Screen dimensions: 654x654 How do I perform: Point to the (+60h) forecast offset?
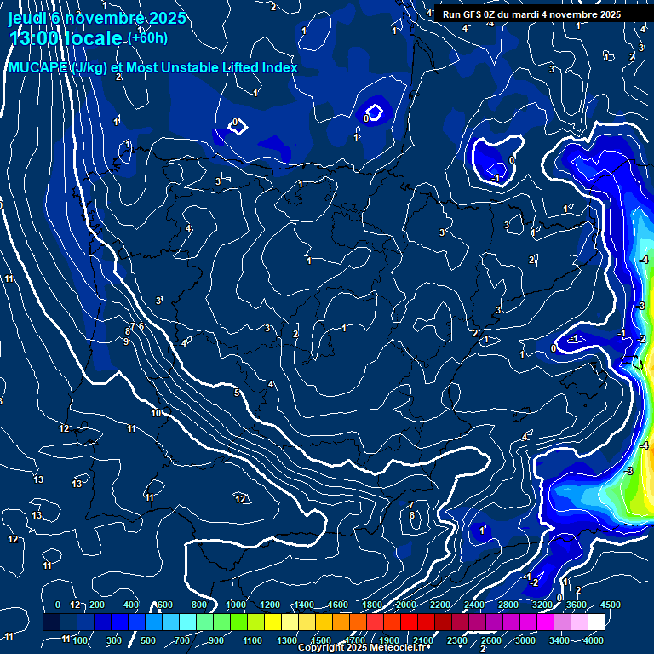(x=147, y=38)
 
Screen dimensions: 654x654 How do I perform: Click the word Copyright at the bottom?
(x=321, y=648)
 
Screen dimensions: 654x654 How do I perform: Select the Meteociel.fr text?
(x=399, y=648)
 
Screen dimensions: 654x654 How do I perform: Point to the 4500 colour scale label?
(x=610, y=605)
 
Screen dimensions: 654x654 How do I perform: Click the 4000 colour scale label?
(x=594, y=640)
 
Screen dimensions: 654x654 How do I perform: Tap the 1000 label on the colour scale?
(x=236, y=605)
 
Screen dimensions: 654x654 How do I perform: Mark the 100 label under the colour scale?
(x=83, y=640)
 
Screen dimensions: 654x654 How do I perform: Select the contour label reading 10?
(x=156, y=413)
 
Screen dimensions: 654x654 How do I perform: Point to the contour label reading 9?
(x=126, y=341)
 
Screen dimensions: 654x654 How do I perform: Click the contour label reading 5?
(x=237, y=393)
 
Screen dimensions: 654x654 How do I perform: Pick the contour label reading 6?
(x=141, y=326)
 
